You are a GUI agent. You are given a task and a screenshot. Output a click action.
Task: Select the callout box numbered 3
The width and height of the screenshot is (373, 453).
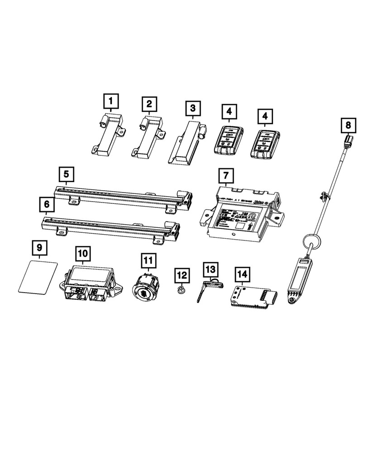[193, 109]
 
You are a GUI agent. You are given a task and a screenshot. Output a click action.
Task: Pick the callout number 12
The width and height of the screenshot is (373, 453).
[182, 274]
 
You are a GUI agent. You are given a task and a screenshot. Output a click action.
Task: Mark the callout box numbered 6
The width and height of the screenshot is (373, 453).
[47, 205]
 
